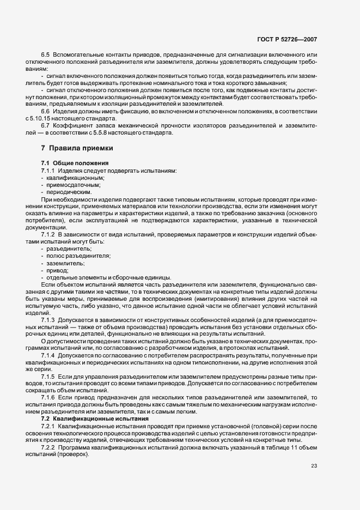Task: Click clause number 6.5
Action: tap(45, 56)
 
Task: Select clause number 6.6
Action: tap(45, 111)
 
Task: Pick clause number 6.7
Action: tap(45, 126)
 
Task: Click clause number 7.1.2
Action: tap(48, 234)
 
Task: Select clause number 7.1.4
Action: tap(48, 355)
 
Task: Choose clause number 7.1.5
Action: tap(48, 376)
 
